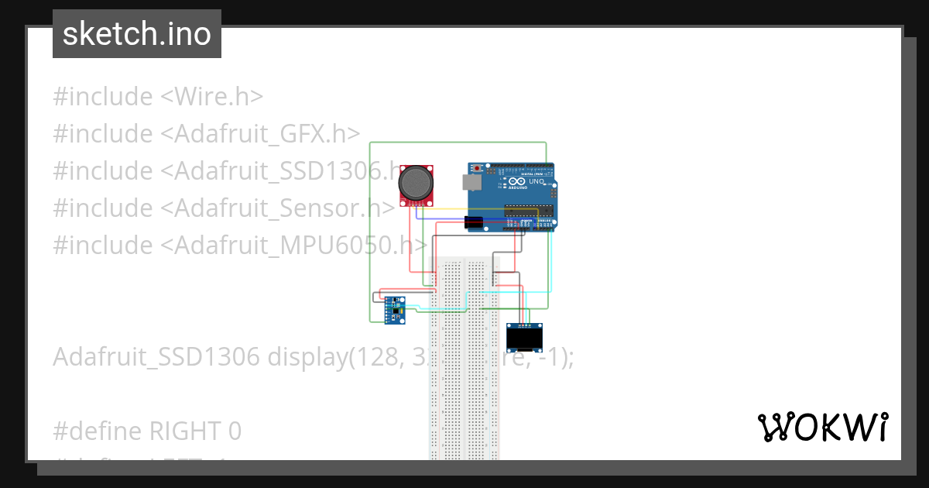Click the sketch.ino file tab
coord(136,34)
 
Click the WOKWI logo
coord(821,427)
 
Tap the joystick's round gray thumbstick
coord(416,182)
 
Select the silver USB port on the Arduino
coord(469,183)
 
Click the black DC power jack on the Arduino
coord(474,223)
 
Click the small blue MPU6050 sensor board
coord(394,309)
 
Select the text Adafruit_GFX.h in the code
coord(260,134)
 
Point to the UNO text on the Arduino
coord(535,181)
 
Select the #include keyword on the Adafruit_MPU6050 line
coord(103,246)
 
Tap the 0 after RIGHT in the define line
coord(235,431)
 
